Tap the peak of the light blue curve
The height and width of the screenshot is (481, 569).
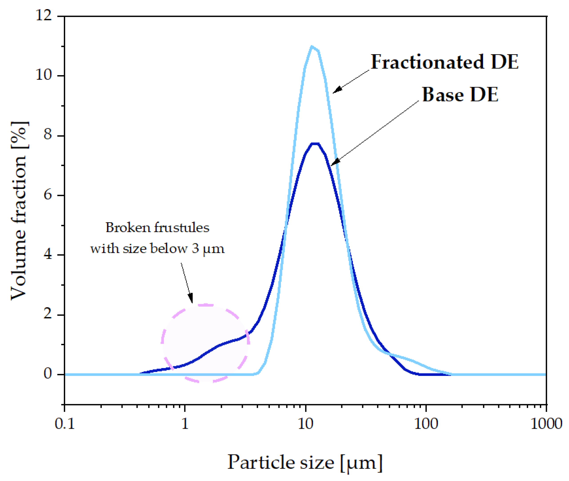click(312, 47)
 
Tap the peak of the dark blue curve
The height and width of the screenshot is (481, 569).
click(315, 144)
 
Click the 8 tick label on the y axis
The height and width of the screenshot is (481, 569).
click(48, 135)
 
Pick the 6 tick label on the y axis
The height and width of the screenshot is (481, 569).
click(48, 194)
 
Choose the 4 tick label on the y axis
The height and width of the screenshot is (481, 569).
click(48, 254)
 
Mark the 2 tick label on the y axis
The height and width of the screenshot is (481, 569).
click(48, 314)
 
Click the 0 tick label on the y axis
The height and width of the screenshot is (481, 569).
click(48, 374)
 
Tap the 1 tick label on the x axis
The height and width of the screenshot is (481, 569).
click(185, 424)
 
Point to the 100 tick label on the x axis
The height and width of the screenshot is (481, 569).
click(426, 424)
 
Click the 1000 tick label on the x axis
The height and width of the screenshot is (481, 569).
click(546, 424)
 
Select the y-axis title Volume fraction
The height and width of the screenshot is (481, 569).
click(19, 210)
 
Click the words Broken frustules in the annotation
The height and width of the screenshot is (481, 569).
click(157, 227)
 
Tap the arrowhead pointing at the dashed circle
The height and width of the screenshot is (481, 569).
click(191, 299)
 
